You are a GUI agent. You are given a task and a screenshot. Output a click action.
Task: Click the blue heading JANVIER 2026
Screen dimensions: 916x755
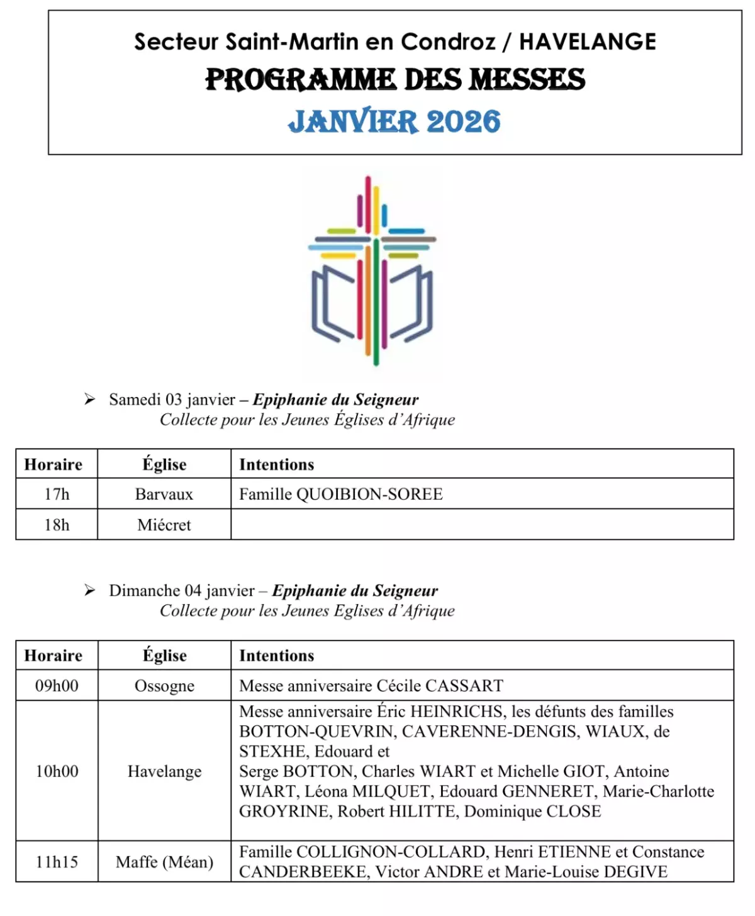pyautogui.click(x=394, y=121)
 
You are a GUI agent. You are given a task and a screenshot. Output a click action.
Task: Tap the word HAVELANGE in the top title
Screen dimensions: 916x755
pyautogui.click(x=588, y=42)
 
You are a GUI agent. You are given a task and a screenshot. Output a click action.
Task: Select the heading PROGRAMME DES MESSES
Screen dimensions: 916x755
pyautogui.click(x=395, y=80)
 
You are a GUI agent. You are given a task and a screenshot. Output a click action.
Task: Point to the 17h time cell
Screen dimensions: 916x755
pyautogui.click(x=57, y=494)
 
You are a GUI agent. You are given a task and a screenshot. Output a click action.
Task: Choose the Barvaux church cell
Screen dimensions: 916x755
pyautogui.click(x=164, y=494)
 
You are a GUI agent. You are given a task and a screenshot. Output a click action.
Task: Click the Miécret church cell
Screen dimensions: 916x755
pyautogui.click(x=164, y=525)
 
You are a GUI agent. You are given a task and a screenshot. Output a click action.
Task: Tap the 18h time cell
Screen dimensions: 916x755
pyautogui.click(x=57, y=525)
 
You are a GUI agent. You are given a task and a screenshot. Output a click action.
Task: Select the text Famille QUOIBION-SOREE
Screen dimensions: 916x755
pyautogui.click(x=341, y=494)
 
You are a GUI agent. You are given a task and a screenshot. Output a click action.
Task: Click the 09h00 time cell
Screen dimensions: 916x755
pyautogui.click(x=57, y=686)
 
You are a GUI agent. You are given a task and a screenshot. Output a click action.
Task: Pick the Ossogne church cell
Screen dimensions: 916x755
pyautogui.click(x=164, y=686)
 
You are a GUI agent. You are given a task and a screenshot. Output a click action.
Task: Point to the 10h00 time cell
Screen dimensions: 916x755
pyautogui.click(x=57, y=771)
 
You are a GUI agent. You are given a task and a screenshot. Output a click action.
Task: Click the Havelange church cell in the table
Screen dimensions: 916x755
pyautogui.click(x=164, y=771)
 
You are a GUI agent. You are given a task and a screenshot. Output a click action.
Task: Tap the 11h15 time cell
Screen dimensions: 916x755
pyautogui.click(x=57, y=862)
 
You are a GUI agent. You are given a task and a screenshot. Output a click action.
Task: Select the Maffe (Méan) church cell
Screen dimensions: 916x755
pyautogui.click(x=164, y=862)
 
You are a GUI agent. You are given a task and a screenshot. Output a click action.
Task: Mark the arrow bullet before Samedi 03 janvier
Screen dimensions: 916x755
pyautogui.click(x=90, y=399)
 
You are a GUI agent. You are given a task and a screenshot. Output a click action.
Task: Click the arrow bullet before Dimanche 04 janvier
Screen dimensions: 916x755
pyautogui.click(x=90, y=591)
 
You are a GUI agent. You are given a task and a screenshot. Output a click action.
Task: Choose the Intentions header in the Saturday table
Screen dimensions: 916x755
pyautogui.click(x=276, y=465)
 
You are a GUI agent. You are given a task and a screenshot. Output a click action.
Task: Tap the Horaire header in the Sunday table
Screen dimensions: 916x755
pyautogui.click(x=53, y=656)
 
